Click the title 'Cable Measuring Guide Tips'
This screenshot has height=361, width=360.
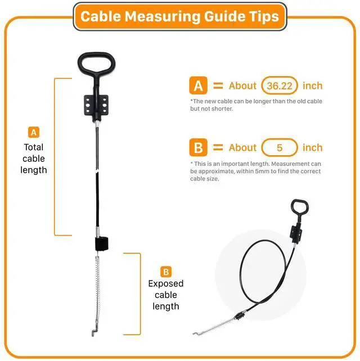tap(179, 16)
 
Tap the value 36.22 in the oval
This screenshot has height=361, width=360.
tap(280, 86)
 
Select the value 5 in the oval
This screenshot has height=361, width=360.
tap(280, 148)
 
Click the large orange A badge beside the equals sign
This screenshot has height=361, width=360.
tap(198, 85)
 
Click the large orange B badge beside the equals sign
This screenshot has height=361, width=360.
tap(198, 147)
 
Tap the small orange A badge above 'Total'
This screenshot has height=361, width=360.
tap(34, 132)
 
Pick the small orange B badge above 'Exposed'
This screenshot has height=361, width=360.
tap(166, 272)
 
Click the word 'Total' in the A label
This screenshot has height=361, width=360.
tap(34, 147)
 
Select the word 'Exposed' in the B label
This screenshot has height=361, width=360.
tap(166, 283)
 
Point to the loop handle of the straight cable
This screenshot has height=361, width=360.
tap(79, 64)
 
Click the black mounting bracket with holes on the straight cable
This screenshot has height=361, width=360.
tap(96, 106)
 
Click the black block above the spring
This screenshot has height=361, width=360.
tap(102, 244)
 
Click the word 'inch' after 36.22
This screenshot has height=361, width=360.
tap(313, 85)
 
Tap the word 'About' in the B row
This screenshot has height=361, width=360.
tap(242, 147)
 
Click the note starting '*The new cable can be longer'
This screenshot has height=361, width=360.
tap(256, 105)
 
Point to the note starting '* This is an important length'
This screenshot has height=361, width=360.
tap(255, 172)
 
